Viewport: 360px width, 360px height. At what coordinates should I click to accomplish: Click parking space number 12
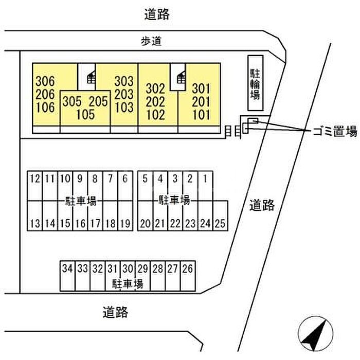tap(35, 179)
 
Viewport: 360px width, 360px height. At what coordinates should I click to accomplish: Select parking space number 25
tap(221, 224)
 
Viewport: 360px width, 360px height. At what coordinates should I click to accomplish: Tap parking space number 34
tap(67, 268)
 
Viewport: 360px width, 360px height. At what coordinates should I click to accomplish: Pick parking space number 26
tap(188, 268)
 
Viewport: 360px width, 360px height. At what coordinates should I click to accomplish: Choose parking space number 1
tap(205, 179)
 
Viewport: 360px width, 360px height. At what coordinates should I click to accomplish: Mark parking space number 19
tap(125, 224)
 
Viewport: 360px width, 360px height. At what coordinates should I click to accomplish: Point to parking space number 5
tap(145, 179)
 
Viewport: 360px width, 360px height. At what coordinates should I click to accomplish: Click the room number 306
tap(45, 81)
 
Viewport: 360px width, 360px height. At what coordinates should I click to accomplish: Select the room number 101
tap(201, 114)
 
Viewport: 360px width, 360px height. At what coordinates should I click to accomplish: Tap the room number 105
tap(85, 114)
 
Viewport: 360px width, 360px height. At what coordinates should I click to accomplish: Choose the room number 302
tap(155, 87)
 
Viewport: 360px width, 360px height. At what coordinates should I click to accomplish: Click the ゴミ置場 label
tap(334, 132)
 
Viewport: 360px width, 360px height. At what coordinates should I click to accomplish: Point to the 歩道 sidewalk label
tap(151, 43)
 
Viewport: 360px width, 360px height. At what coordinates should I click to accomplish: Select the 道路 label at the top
tap(156, 14)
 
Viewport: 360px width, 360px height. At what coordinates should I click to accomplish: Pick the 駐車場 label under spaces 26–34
tap(127, 283)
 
